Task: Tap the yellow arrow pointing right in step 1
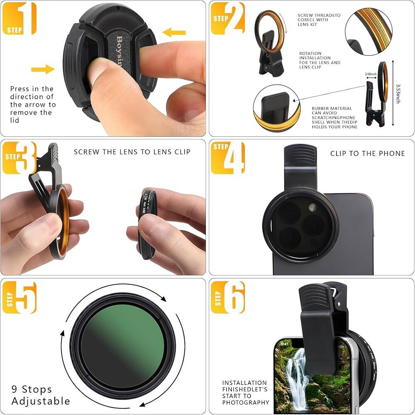point(43,69)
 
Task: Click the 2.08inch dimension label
point(371,74)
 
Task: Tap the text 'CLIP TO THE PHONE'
point(367,154)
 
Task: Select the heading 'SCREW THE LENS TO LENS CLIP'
point(132,152)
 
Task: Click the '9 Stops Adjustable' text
point(41,395)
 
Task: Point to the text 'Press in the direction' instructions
point(33,104)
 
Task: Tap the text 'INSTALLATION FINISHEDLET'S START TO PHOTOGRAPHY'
point(245,393)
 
